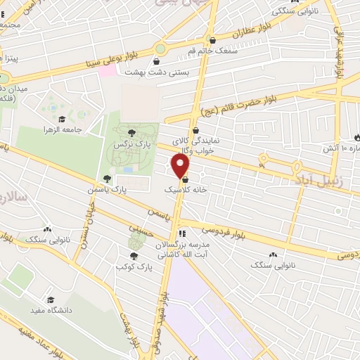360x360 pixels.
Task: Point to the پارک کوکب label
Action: point(136,267)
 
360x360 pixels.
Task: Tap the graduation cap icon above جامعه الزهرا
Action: point(62,119)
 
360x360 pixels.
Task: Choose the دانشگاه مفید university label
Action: point(49,310)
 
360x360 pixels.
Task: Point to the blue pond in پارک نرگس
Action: point(127,169)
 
